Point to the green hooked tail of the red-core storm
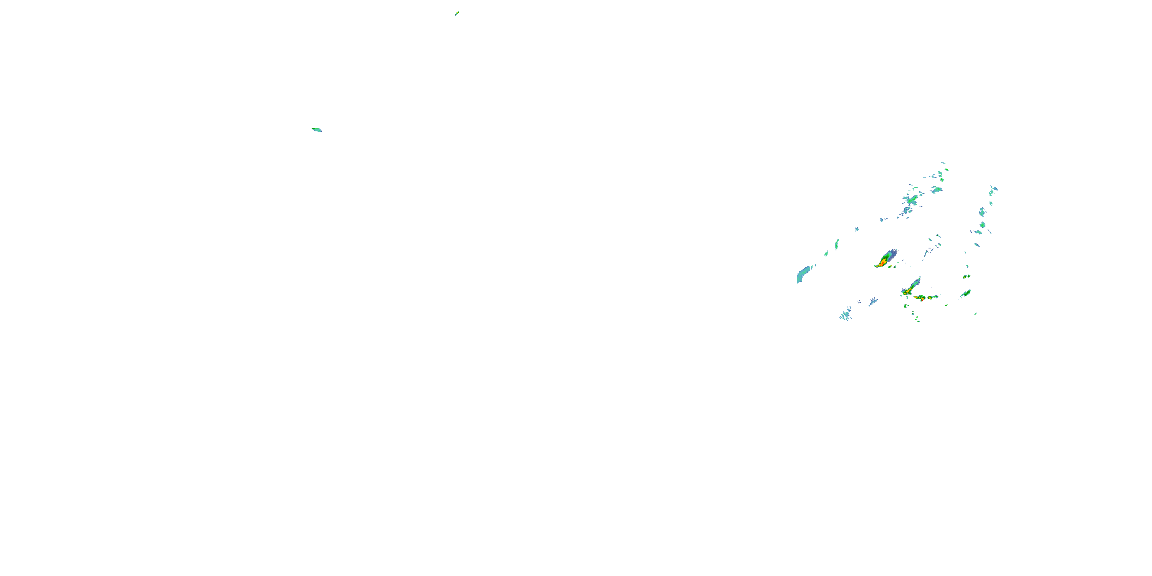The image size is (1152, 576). click(x=877, y=266)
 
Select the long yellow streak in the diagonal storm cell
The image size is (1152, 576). click(x=910, y=290)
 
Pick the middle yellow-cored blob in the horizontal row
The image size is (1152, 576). click(x=930, y=297)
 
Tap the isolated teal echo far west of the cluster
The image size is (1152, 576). click(x=317, y=130)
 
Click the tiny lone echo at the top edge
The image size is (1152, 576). click(x=457, y=13)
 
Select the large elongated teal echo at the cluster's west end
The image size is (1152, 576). click(x=803, y=274)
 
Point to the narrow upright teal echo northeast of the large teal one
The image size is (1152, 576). click(x=837, y=244)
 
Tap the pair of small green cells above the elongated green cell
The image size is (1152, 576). click(x=967, y=276)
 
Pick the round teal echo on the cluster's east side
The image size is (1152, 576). click(x=983, y=225)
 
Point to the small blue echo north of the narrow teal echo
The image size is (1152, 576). click(x=857, y=229)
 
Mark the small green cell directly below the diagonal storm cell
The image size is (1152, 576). click(x=905, y=306)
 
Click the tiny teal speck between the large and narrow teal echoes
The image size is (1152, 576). click(x=826, y=253)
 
